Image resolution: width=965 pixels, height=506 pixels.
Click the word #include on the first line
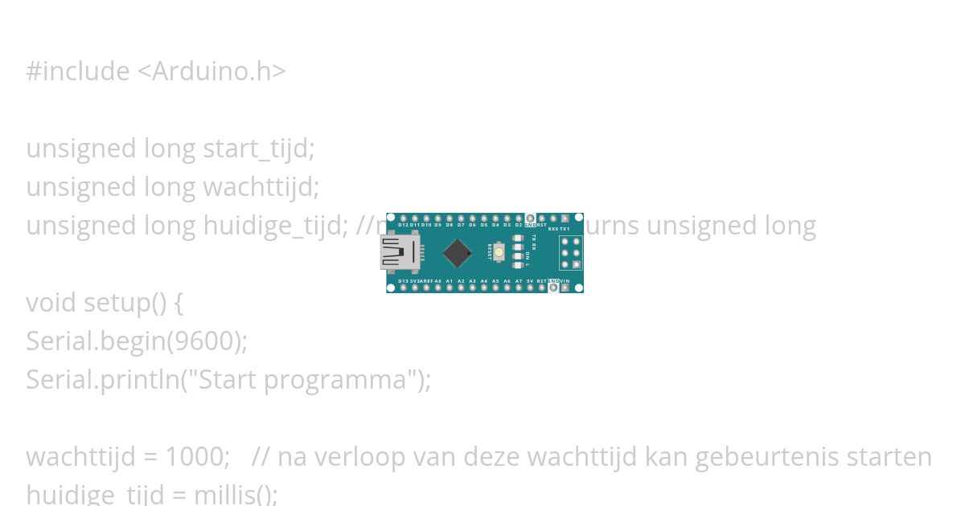point(77,71)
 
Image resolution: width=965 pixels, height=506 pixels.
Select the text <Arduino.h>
point(211,71)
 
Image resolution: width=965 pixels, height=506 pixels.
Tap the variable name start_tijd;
point(258,149)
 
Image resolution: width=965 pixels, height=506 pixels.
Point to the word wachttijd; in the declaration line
point(261,187)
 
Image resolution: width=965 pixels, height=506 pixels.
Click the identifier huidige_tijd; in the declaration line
point(275,226)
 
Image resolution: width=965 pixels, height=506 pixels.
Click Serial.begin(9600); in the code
point(137,341)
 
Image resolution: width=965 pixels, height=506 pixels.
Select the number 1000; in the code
point(197,457)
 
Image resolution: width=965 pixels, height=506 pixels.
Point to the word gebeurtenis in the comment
point(764,457)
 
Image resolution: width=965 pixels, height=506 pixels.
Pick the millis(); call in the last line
point(236,494)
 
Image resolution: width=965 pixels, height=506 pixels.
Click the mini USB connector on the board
point(400,253)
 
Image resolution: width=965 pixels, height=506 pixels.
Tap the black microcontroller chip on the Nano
point(457,253)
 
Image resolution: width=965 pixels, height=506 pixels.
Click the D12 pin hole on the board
point(403,218)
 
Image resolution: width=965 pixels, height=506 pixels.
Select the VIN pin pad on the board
point(565,288)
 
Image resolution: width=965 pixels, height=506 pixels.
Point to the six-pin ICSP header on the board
point(571,253)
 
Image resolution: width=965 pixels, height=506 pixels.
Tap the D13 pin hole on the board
point(403,288)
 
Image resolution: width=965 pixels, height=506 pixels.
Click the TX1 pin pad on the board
point(565,218)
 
